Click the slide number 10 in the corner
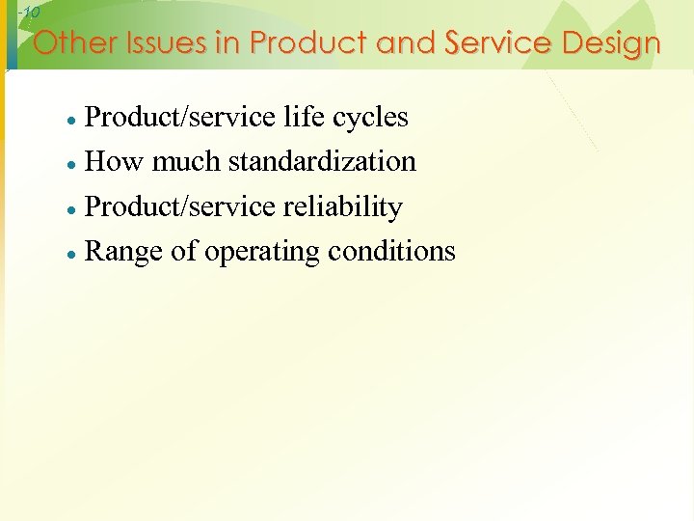click(x=29, y=13)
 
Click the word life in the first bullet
click(x=303, y=117)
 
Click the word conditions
click(x=391, y=251)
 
